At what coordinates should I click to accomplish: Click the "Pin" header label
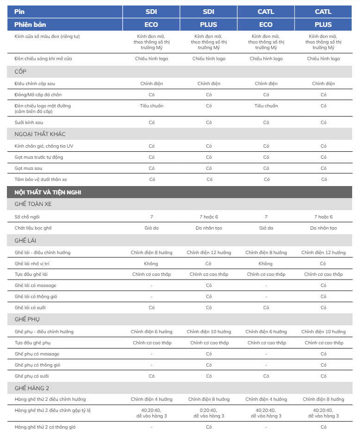19,12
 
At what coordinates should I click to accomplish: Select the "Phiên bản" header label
30,25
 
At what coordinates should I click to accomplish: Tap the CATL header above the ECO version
266,12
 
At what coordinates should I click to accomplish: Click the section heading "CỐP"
21,72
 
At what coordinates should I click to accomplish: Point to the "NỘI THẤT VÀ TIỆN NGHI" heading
48,192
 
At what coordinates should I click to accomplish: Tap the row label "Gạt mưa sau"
28,168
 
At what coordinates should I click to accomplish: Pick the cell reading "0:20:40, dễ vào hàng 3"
209,413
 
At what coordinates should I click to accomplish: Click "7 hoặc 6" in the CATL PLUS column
323,217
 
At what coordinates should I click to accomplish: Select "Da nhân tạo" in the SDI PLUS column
209,228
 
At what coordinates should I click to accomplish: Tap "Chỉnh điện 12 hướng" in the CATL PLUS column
323,253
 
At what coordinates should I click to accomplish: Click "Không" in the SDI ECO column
151,264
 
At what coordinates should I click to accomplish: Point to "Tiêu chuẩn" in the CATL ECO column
266,106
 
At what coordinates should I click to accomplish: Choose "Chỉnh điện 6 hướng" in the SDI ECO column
151,332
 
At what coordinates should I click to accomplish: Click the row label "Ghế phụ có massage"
37,354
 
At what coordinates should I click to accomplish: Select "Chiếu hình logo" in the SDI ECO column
151,59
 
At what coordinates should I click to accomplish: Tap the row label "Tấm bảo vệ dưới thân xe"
37,180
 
